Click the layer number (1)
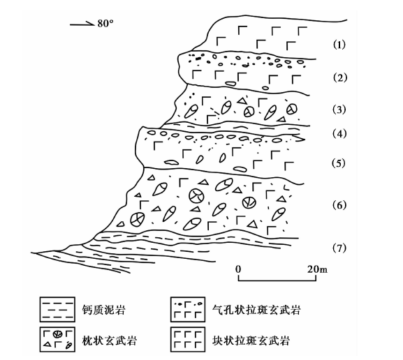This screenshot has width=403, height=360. click(339, 45)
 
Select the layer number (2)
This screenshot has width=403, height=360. click(339, 77)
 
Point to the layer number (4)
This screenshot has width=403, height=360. click(339, 134)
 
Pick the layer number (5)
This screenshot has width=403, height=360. click(339, 163)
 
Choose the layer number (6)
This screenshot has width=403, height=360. click(339, 205)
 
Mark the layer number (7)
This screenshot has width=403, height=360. click(339, 248)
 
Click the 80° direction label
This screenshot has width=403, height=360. click(105, 24)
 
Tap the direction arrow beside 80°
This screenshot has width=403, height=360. click(82, 24)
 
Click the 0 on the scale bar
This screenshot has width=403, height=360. click(238, 269)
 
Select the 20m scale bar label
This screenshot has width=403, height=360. click(318, 269)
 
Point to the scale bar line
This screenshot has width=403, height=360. click(277, 280)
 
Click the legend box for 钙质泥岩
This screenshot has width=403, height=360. click(57, 309)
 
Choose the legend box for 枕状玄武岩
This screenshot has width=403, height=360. click(57, 339)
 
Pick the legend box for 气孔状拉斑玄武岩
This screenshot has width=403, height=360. click(188, 309)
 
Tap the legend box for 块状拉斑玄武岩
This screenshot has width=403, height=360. click(188, 339)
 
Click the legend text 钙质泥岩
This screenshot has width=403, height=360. click(104, 310)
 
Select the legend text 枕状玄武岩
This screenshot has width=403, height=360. click(109, 340)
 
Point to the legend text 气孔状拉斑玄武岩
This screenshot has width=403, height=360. click(256, 310)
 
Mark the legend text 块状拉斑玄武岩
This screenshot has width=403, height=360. click(251, 340)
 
